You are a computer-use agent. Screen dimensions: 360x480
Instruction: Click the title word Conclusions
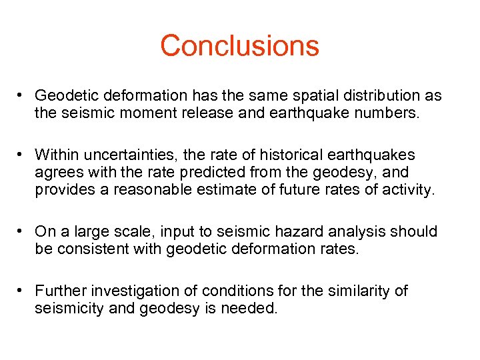239,45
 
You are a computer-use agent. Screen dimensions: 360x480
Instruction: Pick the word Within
55,155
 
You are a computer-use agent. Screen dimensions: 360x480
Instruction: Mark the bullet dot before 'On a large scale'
21,231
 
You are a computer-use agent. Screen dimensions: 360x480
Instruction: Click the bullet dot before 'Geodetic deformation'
21,96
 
